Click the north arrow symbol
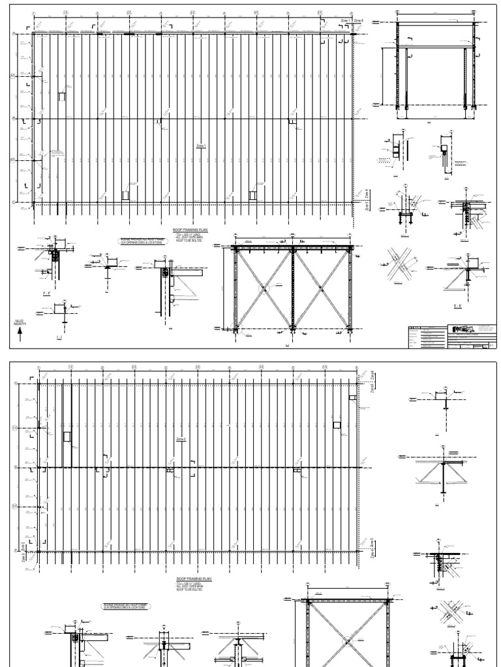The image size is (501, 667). click(x=20, y=334)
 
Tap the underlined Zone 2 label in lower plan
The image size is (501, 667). click(x=181, y=440)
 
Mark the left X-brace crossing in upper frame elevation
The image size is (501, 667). click(x=262, y=287)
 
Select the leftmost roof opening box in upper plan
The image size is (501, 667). click(x=62, y=96)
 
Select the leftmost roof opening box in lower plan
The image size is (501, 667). click(x=67, y=436)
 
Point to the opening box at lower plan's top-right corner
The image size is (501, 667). click(x=352, y=397)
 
